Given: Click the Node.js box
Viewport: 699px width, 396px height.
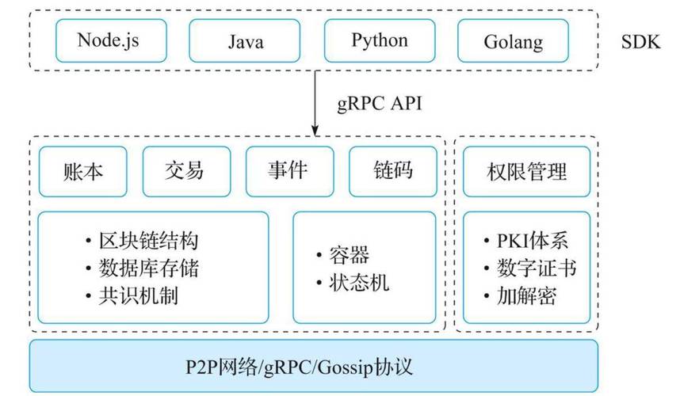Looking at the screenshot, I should tap(110, 40).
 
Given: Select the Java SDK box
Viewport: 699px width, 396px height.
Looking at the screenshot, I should tap(245, 40).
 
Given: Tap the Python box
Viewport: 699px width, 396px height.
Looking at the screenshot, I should tap(380, 40).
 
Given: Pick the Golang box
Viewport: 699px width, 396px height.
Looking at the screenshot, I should tap(514, 40).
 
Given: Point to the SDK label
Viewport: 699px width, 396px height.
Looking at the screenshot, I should tap(640, 41).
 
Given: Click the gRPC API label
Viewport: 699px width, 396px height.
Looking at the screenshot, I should tap(380, 104).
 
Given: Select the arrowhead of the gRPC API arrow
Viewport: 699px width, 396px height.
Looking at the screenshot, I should tap(315, 130).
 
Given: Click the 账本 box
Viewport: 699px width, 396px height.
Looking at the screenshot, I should tap(82, 171).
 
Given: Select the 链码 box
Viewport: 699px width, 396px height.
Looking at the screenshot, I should tap(392, 171).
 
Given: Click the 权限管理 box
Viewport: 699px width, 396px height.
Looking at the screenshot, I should tap(526, 171).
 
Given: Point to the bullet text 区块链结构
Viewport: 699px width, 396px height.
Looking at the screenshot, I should tap(147, 242).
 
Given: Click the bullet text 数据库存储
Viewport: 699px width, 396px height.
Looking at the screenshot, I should tap(147, 268).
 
